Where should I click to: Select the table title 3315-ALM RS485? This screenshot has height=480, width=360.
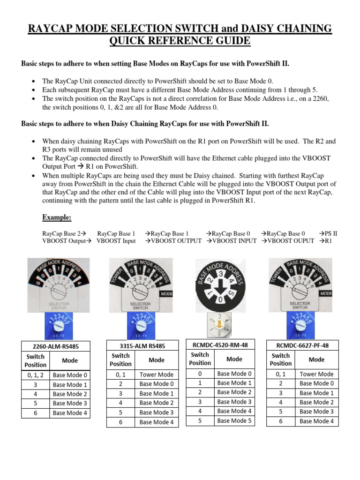pyautogui.click(x=143, y=346)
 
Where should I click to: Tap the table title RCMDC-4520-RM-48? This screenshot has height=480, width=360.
pyautogui.click(x=220, y=345)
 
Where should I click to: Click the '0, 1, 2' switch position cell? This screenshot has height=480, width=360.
pyautogui.click(x=36, y=375)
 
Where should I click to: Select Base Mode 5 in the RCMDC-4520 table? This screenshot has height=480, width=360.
pyautogui.click(x=234, y=420)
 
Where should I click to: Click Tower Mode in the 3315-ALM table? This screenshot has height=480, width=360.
pyautogui.click(x=157, y=375)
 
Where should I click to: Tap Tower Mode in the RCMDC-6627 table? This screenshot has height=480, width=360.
pyautogui.click(x=316, y=374)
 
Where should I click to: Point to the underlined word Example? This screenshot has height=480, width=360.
pyautogui.click(x=57, y=217)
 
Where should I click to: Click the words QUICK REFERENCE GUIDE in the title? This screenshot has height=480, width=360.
pyautogui.click(x=180, y=41)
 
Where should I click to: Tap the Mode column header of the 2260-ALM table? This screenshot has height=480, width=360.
pyautogui.click(x=70, y=360)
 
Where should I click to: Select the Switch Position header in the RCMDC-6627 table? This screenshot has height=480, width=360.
pyautogui.click(x=281, y=360)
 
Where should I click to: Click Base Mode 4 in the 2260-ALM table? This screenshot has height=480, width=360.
pyautogui.click(x=70, y=413)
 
